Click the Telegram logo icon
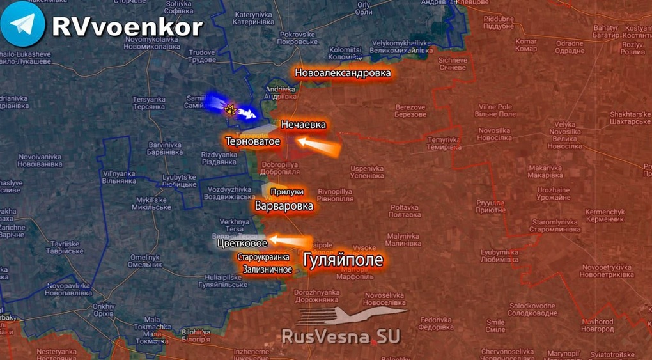click(23, 24)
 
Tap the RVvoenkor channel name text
click(127, 26)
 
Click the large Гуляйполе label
click(343, 260)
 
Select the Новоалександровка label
click(343, 73)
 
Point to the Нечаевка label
click(304, 125)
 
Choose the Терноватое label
click(252, 141)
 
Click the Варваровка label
click(284, 206)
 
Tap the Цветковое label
click(242, 244)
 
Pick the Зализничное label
click(267, 269)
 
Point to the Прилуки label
click(286, 192)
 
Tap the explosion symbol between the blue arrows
click(228, 109)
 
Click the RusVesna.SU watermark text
click(341, 336)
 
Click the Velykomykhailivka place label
click(400, 46)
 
